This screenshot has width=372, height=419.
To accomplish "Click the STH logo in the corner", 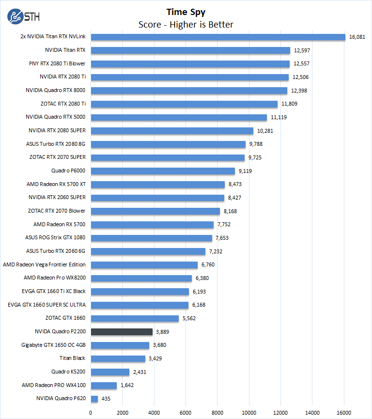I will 23,16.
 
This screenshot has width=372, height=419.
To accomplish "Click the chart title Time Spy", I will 186,12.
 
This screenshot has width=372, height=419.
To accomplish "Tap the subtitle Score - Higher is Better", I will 186,24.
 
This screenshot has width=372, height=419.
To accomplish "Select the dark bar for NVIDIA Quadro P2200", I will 122,332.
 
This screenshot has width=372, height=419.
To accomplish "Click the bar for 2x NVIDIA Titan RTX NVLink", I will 218,37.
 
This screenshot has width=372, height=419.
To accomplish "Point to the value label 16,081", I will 357,37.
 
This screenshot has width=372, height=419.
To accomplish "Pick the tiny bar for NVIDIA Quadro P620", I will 94,399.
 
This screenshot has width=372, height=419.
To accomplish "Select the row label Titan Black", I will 72,358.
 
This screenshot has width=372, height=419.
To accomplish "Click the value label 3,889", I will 162,332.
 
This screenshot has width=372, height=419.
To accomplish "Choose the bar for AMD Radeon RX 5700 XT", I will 157,184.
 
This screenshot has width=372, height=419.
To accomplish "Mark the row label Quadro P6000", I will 68,171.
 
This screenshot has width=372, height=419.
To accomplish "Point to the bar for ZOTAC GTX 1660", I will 135,318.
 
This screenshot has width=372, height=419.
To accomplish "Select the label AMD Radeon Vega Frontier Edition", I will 44,264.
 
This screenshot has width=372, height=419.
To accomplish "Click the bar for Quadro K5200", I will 110,372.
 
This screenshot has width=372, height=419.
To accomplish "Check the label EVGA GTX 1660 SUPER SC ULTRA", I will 46,305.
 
